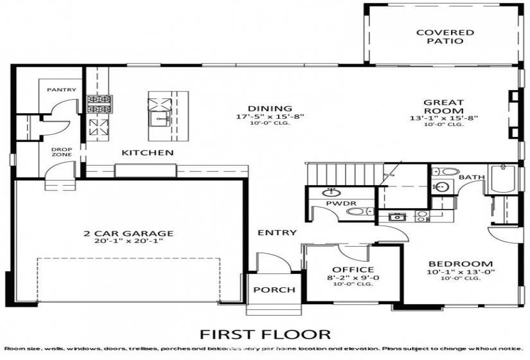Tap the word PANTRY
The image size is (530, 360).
pyautogui.click(x=62, y=90)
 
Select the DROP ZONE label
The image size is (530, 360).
pyautogui.click(x=62, y=152)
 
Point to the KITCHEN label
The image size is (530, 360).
pyautogui.click(x=148, y=153)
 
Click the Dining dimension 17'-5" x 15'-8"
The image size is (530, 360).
pyautogui.click(x=269, y=117)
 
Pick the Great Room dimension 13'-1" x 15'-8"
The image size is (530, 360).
pyautogui.click(x=444, y=118)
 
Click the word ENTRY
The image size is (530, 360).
pyautogui.click(x=277, y=232)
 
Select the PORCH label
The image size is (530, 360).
pyautogui.click(x=274, y=290)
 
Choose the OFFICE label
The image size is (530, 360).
pyautogui.click(x=353, y=269)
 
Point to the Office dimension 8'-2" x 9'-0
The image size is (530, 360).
pyautogui.click(x=353, y=278)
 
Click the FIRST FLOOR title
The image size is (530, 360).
pyautogui.click(x=265, y=334)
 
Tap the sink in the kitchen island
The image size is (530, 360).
pyautogui.click(x=159, y=119)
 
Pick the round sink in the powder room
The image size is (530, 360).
pyautogui.click(x=332, y=192)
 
